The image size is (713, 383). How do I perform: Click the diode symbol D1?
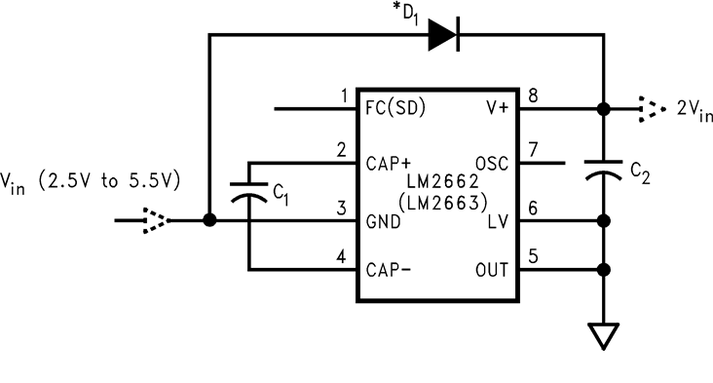443,35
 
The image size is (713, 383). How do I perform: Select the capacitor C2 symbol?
604,169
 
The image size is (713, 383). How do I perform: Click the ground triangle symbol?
604,337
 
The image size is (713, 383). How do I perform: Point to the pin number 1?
342,96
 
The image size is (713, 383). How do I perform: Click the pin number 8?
532,96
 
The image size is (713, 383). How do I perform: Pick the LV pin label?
498,223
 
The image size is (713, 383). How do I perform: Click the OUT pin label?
491,269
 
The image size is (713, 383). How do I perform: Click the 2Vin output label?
693,110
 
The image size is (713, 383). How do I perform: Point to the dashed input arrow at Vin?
155,220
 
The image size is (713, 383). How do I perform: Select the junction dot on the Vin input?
208,220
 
